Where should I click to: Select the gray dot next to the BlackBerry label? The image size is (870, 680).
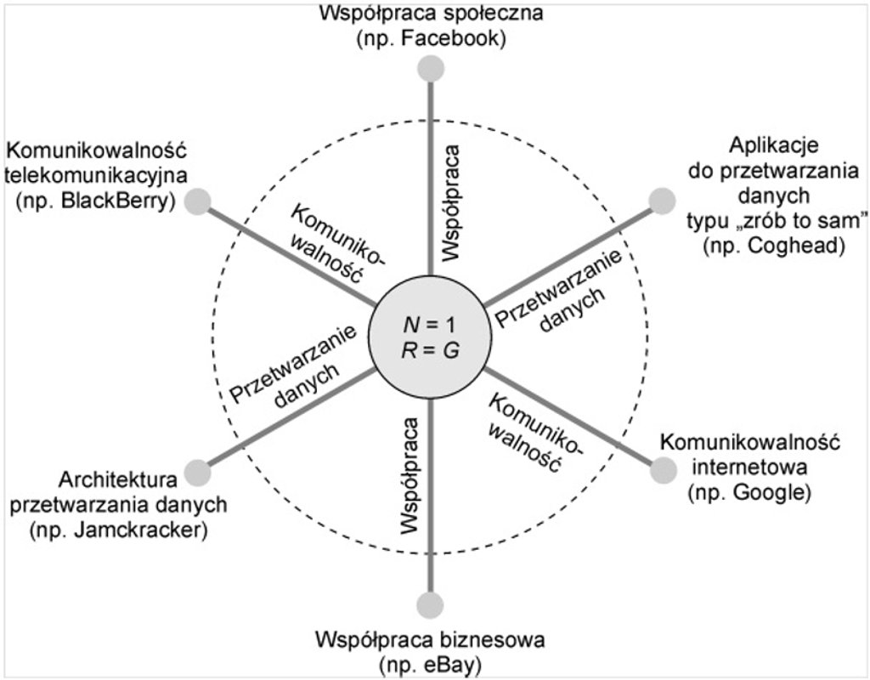click(x=198, y=201)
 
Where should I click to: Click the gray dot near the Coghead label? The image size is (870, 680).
click(x=661, y=201)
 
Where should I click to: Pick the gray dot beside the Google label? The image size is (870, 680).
click(x=661, y=469)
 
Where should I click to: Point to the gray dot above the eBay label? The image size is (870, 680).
click(x=431, y=604)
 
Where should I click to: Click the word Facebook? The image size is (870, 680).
click(x=465, y=38)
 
